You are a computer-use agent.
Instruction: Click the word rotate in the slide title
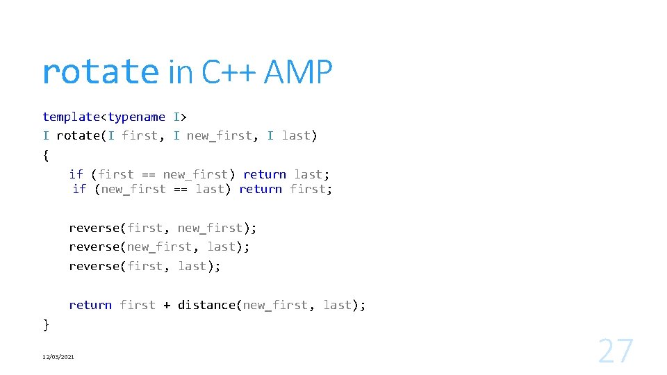tap(100, 72)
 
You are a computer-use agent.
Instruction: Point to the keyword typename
tap(136, 117)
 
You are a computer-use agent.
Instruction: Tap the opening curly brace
tap(46, 155)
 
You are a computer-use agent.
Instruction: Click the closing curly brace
tap(46, 324)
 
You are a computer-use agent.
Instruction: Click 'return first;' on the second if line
tap(286, 189)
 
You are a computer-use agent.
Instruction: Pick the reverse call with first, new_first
tap(163, 228)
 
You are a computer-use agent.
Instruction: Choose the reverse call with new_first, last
tap(159, 247)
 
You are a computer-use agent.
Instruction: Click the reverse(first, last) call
tap(145, 266)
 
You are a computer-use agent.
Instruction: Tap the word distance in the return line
tap(206, 305)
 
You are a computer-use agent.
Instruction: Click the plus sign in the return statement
tap(167, 305)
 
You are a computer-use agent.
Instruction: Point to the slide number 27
tap(616, 351)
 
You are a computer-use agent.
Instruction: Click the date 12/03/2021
tap(58, 357)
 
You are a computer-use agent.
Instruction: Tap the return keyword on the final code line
tap(90, 305)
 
